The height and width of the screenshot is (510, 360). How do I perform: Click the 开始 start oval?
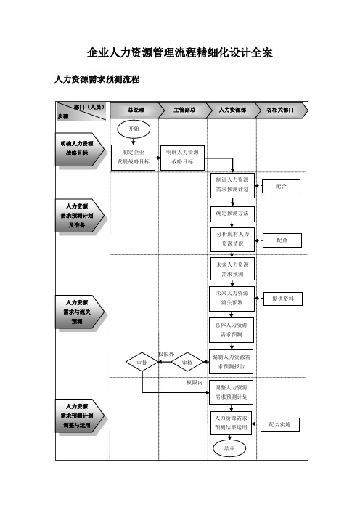[134, 129]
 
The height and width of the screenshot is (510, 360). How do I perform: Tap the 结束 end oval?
[229, 448]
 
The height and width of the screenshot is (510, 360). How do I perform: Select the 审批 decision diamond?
[142, 362]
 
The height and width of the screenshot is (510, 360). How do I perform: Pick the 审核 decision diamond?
[187, 362]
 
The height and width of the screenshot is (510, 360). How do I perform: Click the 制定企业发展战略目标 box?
[134, 158]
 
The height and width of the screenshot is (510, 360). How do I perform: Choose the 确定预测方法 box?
[232, 214]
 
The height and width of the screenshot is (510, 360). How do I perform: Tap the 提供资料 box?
[282, 299]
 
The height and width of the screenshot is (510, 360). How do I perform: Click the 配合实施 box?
[279, 424]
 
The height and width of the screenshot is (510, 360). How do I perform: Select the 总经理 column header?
[136, 110]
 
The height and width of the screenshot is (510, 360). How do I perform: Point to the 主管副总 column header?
[184, 110]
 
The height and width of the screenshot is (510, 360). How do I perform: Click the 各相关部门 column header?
[281, 110]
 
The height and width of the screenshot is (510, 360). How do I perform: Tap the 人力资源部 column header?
[233, 110]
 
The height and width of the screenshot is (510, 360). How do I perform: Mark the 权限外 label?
[166, 354]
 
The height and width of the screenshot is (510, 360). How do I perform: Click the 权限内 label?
[195, 382]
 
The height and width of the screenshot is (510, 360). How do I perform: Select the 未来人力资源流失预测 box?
[232, 299]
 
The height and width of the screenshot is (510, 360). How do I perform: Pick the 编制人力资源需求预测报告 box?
[231, 362]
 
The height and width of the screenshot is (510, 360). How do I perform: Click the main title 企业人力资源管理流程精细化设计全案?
[180, 53]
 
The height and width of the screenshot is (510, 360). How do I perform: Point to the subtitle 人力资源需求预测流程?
[97, 79]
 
